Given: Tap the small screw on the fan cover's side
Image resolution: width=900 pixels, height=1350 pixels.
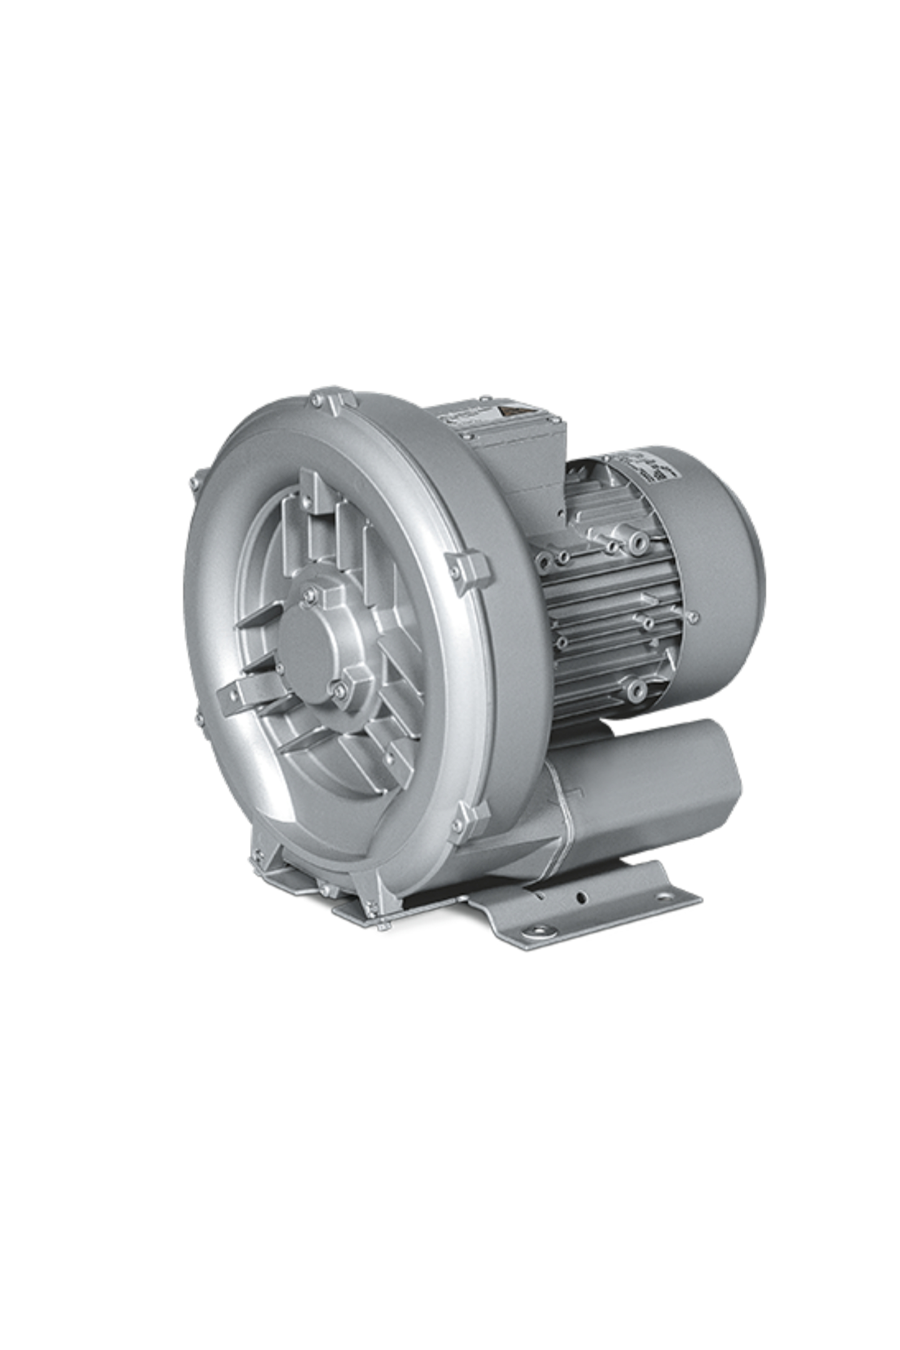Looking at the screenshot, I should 693,617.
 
